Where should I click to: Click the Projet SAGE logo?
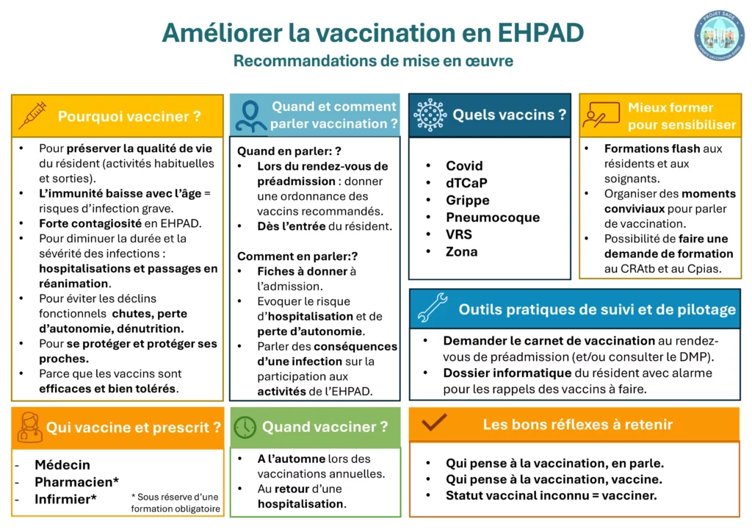[x=718, y=35]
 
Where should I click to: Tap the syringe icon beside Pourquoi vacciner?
[x=32, y=115]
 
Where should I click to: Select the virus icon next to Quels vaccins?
[x=430, y=115]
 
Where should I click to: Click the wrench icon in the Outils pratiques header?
[x=432, y=309]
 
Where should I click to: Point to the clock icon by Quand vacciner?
[x=245, y=427]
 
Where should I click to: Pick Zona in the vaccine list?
[x=461, y=251]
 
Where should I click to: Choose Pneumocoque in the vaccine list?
[x=492, y=218]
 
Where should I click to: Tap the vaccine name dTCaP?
[x=466, y=183]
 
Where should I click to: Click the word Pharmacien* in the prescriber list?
[x=77, y=482]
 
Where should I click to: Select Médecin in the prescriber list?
[x=62, y=465]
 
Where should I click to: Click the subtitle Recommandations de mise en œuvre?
[x=373, y=61]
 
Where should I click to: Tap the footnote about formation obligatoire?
[x=175, y=503]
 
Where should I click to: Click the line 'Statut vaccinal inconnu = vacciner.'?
[x=551, y=495]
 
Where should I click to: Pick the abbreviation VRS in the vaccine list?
[x=458, y=234]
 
